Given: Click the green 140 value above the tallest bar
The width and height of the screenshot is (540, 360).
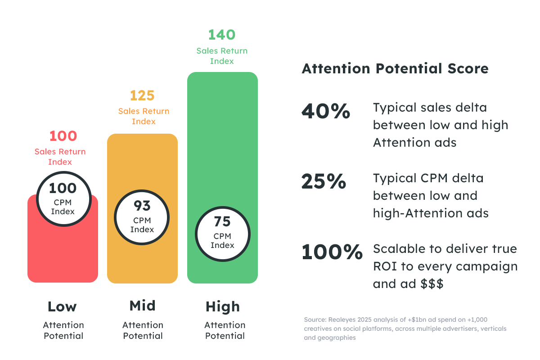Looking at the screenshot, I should [x=222, y=35].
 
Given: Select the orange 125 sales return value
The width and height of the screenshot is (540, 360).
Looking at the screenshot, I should [x=142, y=95].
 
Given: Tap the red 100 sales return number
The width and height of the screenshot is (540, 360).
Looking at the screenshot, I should [x=63, y=136].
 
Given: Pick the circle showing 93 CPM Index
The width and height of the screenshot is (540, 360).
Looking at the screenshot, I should [x=142, y=217].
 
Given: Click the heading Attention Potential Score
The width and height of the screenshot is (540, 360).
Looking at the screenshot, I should [x=395, y=69].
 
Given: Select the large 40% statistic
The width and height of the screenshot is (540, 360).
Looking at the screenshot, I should [x=325, y=112].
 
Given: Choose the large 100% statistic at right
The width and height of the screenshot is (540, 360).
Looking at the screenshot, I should [x=332, y=252].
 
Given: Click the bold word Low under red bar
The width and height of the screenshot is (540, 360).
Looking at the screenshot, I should [x=62, y=307].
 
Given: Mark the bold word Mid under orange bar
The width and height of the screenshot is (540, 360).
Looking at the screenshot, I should [x=142, y=306].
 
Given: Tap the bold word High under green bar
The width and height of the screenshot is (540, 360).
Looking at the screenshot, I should [x=223, y=307].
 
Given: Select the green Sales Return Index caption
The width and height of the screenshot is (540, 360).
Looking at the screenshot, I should [x=222, y=56].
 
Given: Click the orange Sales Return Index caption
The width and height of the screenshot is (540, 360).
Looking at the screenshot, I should [x=144, y=116].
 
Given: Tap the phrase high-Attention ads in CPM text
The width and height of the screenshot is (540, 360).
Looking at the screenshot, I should [x=431, y=213].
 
